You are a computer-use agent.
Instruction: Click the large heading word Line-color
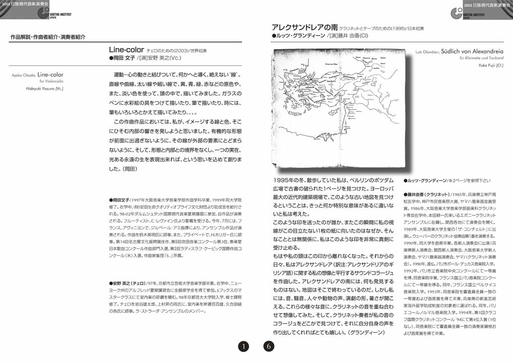(126, 50)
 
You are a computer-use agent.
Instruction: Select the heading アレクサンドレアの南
(302, 27)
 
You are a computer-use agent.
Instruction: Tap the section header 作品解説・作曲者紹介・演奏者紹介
(48, 37)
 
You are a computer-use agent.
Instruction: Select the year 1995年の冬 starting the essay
(290, 181)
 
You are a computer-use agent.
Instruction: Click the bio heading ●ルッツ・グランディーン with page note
(425, 181)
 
